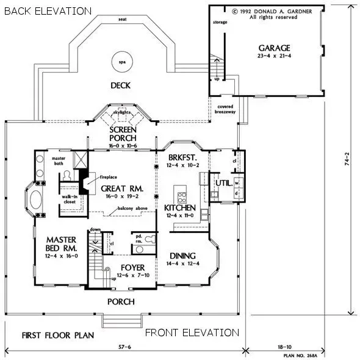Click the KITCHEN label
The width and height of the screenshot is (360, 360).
(x=180, y=208)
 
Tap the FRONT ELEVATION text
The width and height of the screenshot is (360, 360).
(x=191, y=333)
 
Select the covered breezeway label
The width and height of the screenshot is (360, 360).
(x=226, y=109)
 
